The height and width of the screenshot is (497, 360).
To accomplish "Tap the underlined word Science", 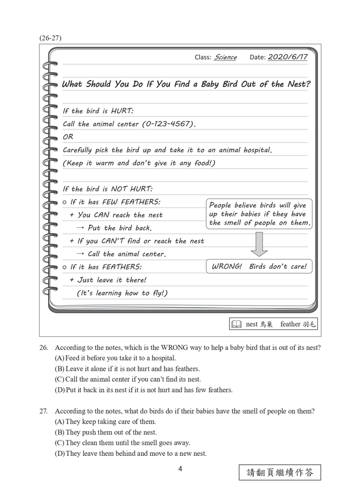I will [225, 57].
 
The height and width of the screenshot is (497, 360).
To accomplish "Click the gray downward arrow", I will [259, 244].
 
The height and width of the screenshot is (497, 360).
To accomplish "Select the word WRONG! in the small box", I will [227, 267].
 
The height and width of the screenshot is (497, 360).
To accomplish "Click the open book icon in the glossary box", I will [237, 324].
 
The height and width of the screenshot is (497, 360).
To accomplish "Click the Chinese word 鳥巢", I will [267, 324].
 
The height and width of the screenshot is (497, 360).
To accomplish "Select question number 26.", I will [44, 348].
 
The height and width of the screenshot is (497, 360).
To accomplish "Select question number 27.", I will [44, 411].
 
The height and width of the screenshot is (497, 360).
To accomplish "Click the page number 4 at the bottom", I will [180, 470].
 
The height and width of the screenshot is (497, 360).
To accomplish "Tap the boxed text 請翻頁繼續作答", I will [280, 472].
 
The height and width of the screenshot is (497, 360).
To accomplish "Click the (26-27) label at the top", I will [50, 38].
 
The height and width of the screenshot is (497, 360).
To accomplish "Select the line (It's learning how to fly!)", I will [122, 293].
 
